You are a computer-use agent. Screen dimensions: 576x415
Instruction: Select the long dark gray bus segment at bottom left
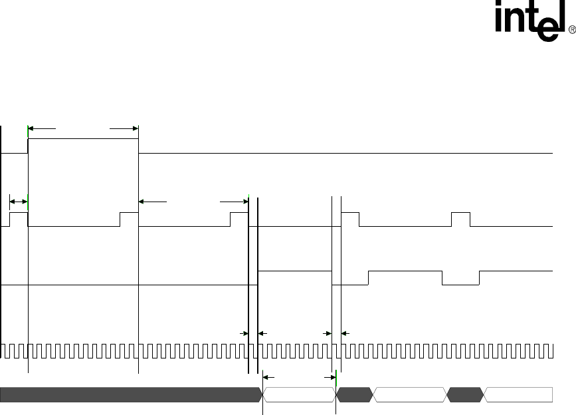click(x=130, y=394)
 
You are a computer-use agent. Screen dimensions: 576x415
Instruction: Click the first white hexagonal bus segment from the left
click(x=300, y=394)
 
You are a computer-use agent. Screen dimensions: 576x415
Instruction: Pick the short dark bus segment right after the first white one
click(x=354, y=394)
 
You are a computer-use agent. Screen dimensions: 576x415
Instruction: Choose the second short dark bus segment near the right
click(x=464, y=394)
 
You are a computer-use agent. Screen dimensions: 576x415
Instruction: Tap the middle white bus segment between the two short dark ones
click(x=409, y=394)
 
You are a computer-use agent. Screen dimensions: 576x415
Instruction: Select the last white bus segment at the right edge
click(x=518, y=394)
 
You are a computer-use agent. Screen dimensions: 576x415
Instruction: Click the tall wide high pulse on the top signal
click(x=82, y=146)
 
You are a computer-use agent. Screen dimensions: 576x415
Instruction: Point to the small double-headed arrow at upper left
click(x=19, y=200)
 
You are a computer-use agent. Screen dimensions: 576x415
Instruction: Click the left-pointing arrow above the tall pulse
click(x=41, y=128)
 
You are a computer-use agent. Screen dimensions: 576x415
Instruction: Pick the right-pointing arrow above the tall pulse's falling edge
click(x=124, y=128)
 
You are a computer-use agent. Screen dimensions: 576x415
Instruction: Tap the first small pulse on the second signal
click(x=19, y=219)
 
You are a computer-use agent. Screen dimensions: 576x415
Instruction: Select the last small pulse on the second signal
click(x=460, y=219)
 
